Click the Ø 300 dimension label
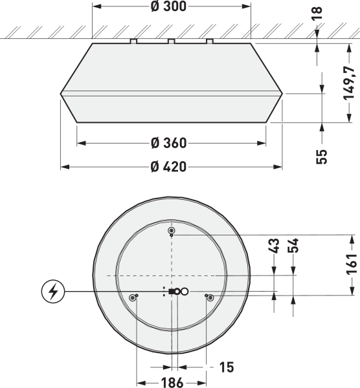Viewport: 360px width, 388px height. pos(168,6)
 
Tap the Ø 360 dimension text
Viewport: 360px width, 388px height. pos(168,143)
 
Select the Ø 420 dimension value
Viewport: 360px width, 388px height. pos(168,167)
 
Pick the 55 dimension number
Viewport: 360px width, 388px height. pos(322,156)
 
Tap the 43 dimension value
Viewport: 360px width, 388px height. pos(274,246)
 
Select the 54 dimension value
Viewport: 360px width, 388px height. pos(293,246)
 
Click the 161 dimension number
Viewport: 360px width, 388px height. pos(352,264)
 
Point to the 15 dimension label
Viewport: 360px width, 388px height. pos(227,367)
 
